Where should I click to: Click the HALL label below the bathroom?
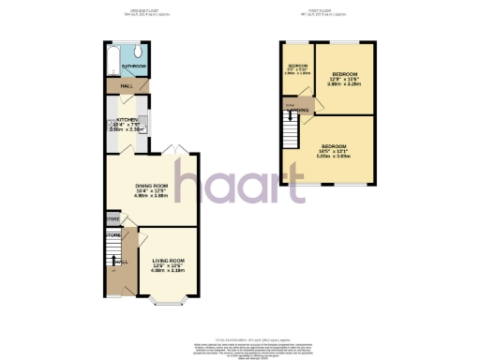pos(113,87)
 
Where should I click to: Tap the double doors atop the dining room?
pos(169,151)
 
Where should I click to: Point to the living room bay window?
pos(168,301)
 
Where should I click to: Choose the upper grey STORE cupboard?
pos(112,218)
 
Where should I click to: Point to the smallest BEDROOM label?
pos(296,66)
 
